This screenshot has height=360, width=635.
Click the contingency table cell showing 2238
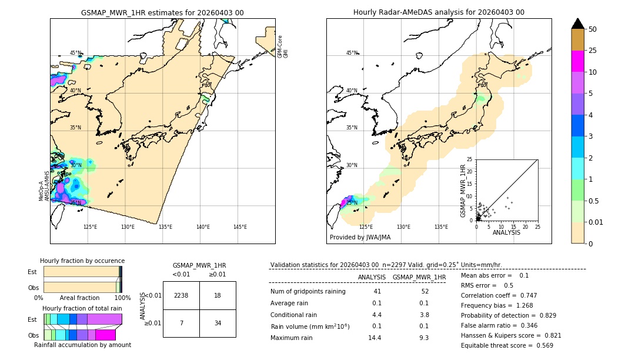click(181, 295)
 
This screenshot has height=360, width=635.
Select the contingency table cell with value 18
click(218, 295)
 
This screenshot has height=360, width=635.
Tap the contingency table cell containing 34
click(218, 323)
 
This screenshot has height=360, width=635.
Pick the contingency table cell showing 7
click(181, 323)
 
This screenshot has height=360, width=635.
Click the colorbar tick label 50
click(593, 29)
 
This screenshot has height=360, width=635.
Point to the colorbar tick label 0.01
click(596, 222)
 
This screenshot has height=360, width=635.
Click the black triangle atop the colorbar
click(578, 24)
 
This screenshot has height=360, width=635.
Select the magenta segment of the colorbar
click(578, 61)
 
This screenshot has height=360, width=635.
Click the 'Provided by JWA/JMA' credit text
click(360, 238)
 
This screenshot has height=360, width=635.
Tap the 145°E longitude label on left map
click(240, 227)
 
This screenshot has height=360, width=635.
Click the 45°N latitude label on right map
click(352, 53)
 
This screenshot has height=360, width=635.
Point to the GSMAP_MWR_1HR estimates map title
click(162, 12)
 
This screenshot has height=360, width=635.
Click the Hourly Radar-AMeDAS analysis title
click(439, 12)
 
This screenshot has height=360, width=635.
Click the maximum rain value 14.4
click(375, 338)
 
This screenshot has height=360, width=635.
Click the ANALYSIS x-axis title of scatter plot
click(506, 233)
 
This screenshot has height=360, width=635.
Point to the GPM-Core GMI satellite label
click(282, 46)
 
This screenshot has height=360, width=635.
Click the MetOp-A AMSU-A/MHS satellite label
click(44, 186)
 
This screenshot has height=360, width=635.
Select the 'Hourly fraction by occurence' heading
click(82, 261)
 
